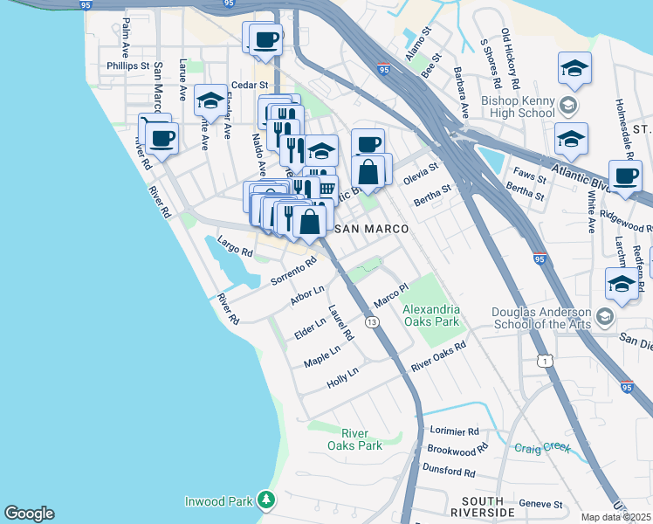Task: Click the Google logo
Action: point(29,514)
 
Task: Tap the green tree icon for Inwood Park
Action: point(266,500)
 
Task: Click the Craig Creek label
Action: point(541,448)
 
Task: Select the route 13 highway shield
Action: point(373,322)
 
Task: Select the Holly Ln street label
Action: point(342,377)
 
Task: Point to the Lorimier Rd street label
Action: point(455,431)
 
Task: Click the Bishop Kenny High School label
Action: point(519,107)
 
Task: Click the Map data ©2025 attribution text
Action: point(616,517)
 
